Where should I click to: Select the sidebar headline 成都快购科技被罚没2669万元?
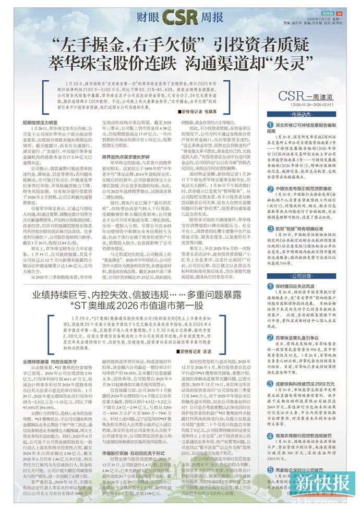pyautogui.click(x=309, y=383)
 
